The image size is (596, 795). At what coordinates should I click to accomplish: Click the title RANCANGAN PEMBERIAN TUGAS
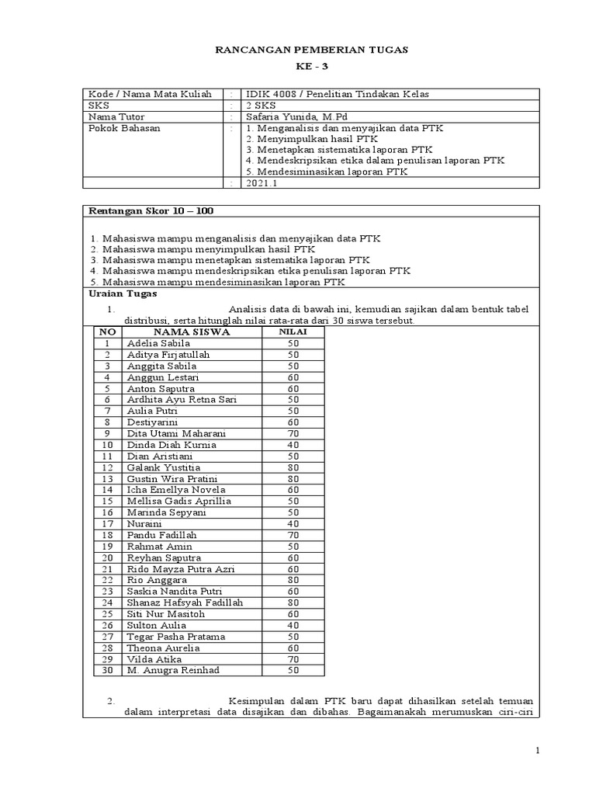coord(310,50)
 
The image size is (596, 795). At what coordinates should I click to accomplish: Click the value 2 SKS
coord(260,106)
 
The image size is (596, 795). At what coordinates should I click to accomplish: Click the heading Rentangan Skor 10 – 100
coord(151,210)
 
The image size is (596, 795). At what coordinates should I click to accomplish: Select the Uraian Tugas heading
coord(123,293)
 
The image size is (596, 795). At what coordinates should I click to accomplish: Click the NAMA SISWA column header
coord(191,332)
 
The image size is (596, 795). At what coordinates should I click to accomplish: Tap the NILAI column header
coord(293,332)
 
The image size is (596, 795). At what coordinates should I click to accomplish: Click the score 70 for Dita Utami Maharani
coord(293,433)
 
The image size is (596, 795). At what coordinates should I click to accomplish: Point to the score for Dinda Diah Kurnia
coord(293,445)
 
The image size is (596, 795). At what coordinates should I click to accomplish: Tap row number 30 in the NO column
coord(108,671)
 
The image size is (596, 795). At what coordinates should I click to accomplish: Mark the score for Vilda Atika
coord(293,659)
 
